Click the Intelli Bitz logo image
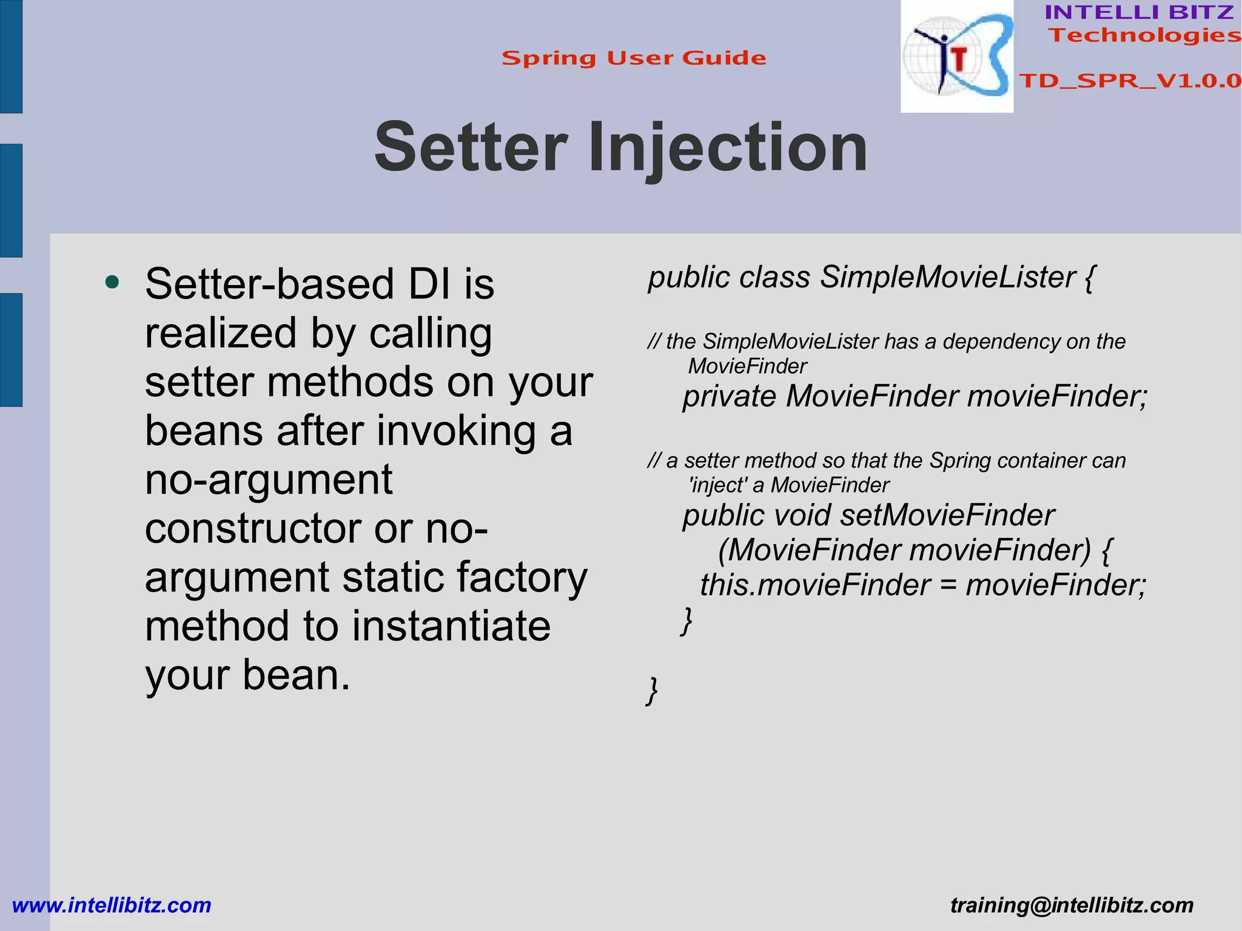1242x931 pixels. [956, 56]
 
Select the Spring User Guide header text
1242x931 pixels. [634, 58]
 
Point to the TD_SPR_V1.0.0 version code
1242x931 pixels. [1130, 81]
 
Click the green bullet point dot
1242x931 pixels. [112, 282]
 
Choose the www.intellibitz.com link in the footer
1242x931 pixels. [112, 906]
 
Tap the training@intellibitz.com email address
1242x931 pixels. [1072, 906]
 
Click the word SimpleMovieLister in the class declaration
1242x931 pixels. [947, 277]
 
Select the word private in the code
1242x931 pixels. [730, 397]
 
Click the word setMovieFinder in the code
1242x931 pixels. [948, 516]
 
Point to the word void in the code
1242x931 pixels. [801, 516]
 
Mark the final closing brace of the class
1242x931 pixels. [652, 691]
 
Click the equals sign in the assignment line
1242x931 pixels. [948, 585]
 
